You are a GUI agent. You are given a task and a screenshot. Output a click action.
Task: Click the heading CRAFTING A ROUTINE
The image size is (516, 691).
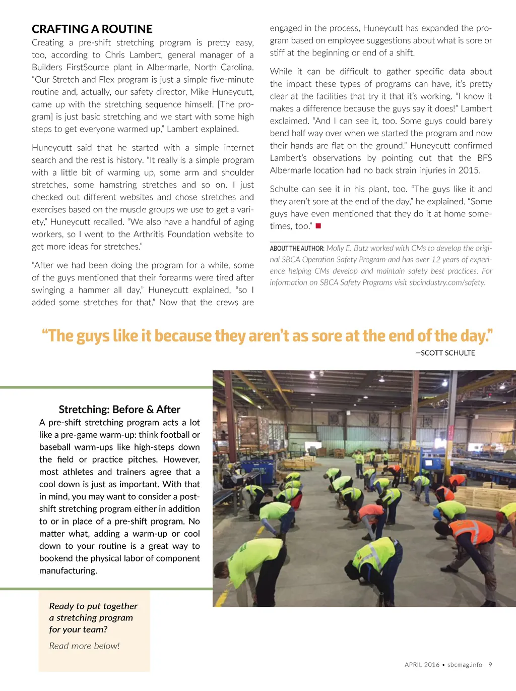tap(92, 29)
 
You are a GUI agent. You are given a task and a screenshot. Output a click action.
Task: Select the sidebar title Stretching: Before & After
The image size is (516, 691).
tap(119, 410)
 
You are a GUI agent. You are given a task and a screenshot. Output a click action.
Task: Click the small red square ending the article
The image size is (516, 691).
tap(318, 226)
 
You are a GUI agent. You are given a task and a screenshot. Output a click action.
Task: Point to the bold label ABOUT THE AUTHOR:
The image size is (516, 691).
tap(297, 248)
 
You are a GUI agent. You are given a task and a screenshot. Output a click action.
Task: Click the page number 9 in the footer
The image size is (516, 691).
tap(490, 665)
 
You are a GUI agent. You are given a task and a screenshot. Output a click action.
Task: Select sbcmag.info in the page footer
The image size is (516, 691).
tap(465, 665)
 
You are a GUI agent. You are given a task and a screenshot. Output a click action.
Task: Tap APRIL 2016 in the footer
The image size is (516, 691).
tap(422, 665)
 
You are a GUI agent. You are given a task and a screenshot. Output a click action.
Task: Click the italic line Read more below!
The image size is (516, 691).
tap(84, 646)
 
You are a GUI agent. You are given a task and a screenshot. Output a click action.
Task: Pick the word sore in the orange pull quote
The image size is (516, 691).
tap(327, 336)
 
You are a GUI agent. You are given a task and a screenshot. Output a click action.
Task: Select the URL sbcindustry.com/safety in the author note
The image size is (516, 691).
tap(447, 282)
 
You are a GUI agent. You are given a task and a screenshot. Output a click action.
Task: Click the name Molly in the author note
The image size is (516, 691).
tap(335, 248)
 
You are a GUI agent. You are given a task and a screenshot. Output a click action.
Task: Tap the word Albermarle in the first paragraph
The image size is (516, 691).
tap(169, 67)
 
